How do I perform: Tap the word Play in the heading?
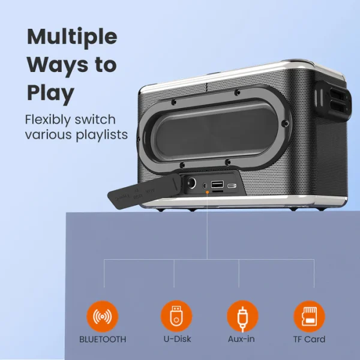[x=50, y=93]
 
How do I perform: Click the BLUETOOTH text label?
[x=103, y=339]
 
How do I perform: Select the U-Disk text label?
[x=176, y=339]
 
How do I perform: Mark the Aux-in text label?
[x=242, y=339]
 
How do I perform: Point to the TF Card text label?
[x=308, y=339]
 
